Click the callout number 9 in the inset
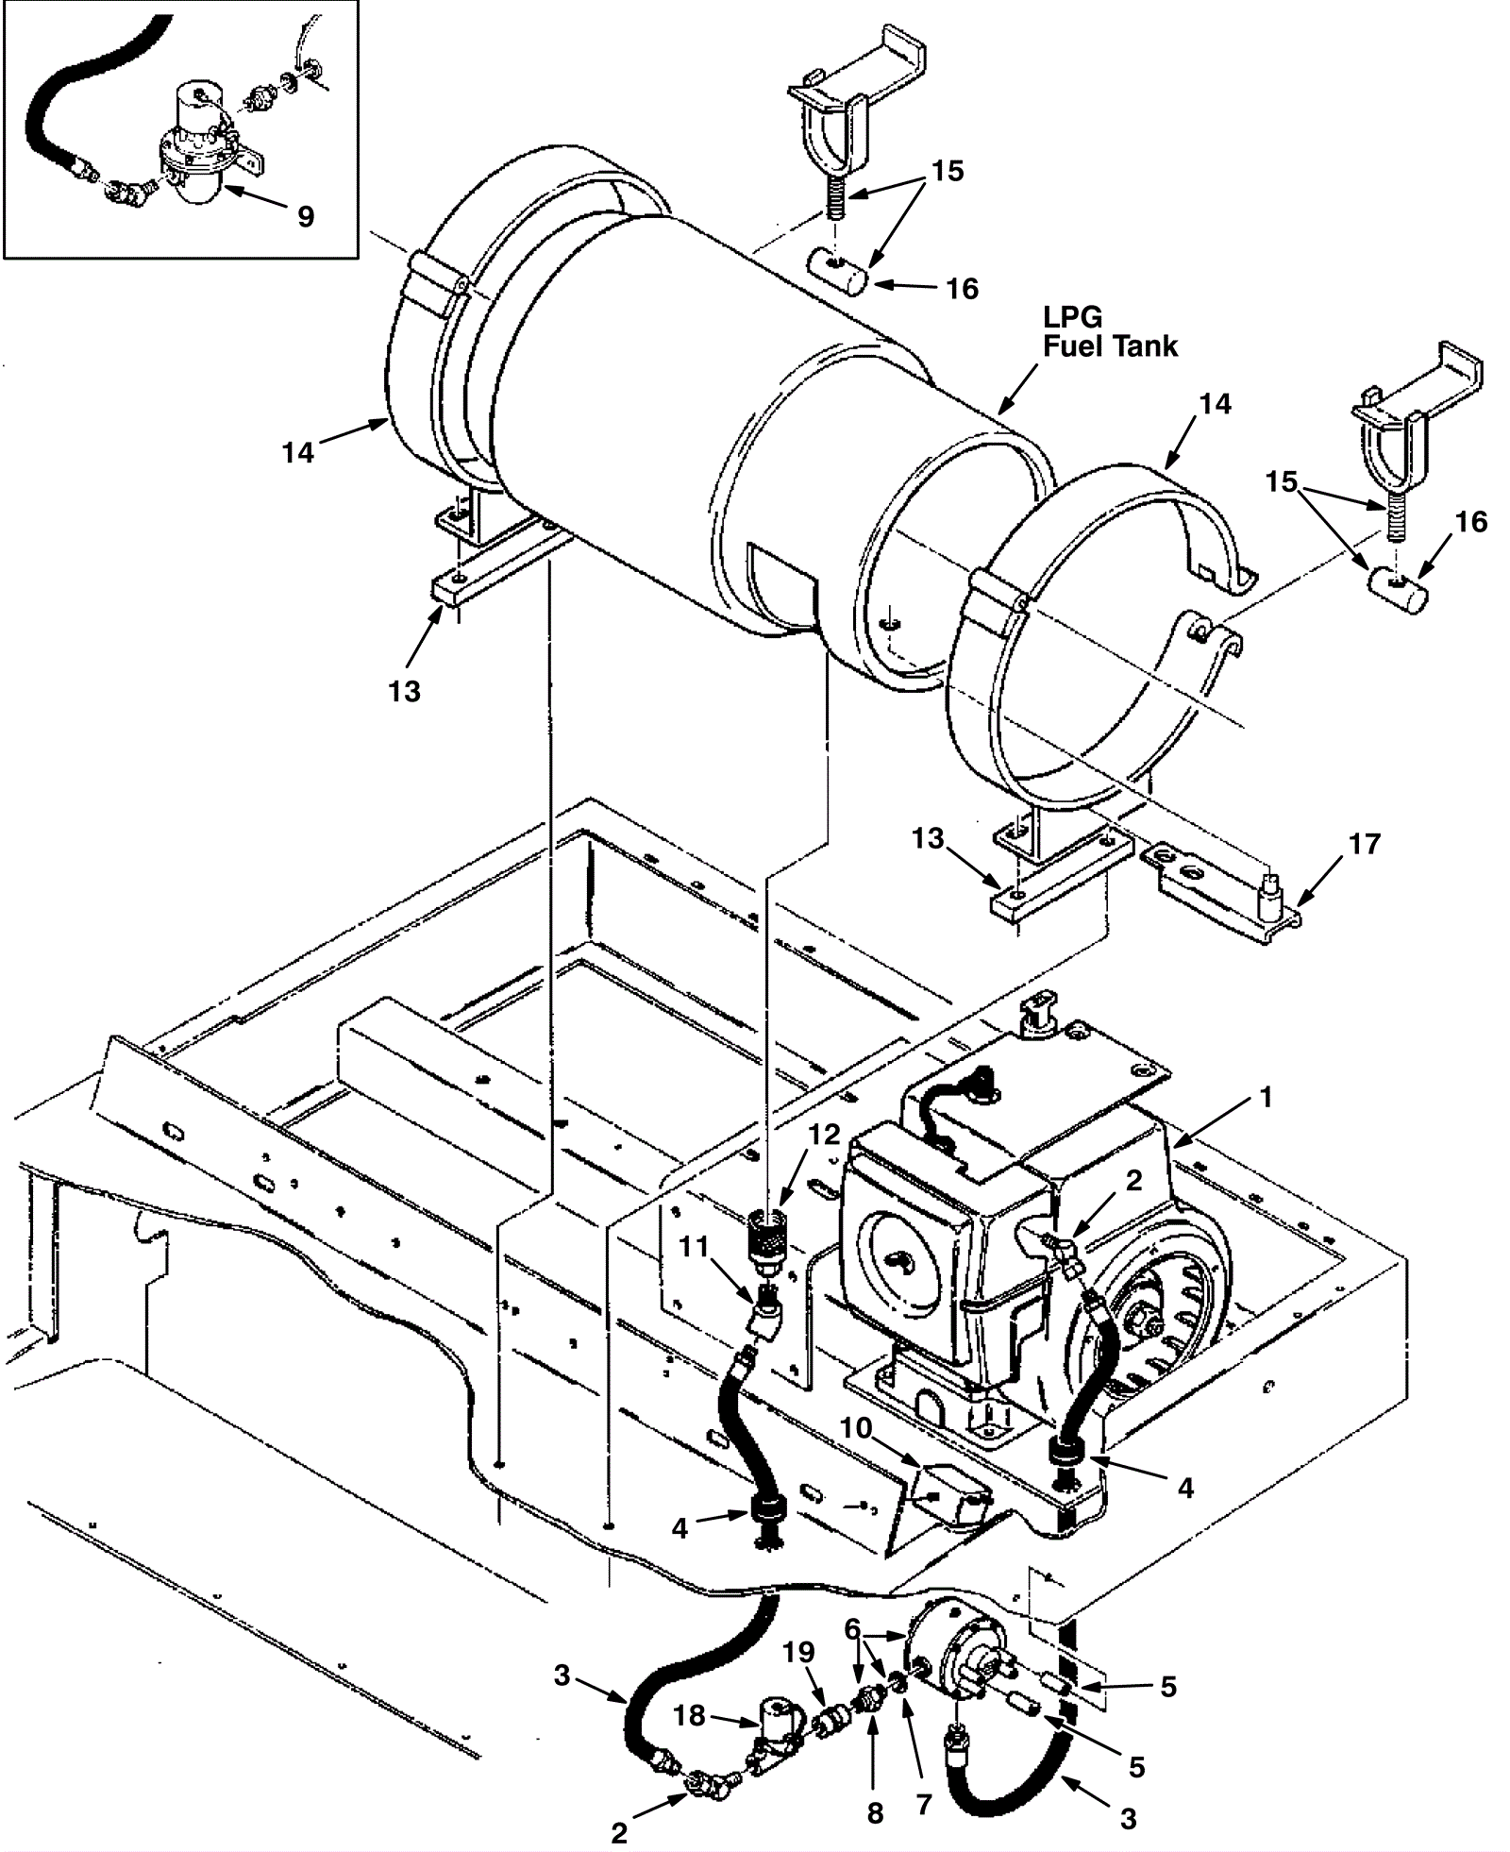click(x=306, y=216)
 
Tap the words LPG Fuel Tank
click(x=1110, y=331)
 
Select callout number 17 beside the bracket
click(x=1365, y=843)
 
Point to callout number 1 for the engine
click(x=1267, y=1097)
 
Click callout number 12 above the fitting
click(x=824, y=1135)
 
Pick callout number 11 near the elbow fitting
click(x=694, y=1248)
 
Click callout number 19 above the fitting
click(x=798, y=1652)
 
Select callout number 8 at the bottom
click(x=875, y=1814)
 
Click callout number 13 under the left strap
click(x=404, y=691)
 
